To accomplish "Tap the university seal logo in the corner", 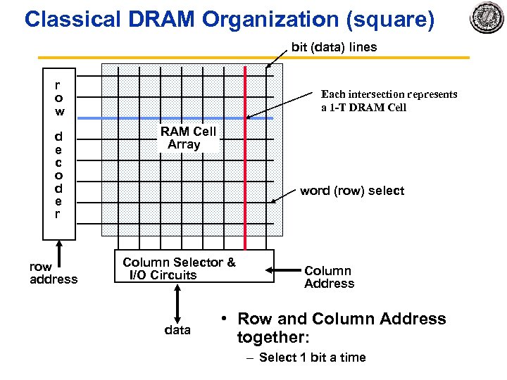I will (x=487, y=19).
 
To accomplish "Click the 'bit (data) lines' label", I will (x=334, y=47).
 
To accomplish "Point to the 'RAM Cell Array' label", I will (x=187, y=138).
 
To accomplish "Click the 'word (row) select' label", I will (x=352, y=191).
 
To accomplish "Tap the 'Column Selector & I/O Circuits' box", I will (x=194, y=267).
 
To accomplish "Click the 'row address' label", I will (x=54, y=273).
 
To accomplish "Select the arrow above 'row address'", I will (x=60, y=249).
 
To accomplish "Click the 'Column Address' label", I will (x=329, y=277).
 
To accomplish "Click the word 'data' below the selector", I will (x=177, y=330).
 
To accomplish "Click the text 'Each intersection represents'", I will (x=389, y=94).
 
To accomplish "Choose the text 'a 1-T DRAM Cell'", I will (x=364, y=108).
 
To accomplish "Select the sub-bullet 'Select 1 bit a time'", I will (x=312, y=357).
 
